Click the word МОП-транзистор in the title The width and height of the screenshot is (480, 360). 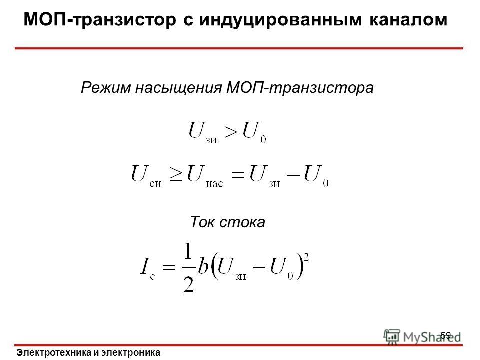click(100, 20)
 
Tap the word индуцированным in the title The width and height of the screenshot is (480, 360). click(280, 20)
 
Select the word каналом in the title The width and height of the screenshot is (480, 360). click(408, 20)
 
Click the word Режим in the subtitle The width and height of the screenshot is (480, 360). click(106, 88)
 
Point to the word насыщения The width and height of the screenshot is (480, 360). click(179, 88)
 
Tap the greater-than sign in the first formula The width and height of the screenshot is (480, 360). click(231, 132)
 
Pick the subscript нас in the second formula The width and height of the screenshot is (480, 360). click(214, 184)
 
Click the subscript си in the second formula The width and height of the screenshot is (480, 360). click(155, 184)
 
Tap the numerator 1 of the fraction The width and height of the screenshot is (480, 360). click(188, 251)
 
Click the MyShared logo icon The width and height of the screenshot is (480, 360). click(392, 336)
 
